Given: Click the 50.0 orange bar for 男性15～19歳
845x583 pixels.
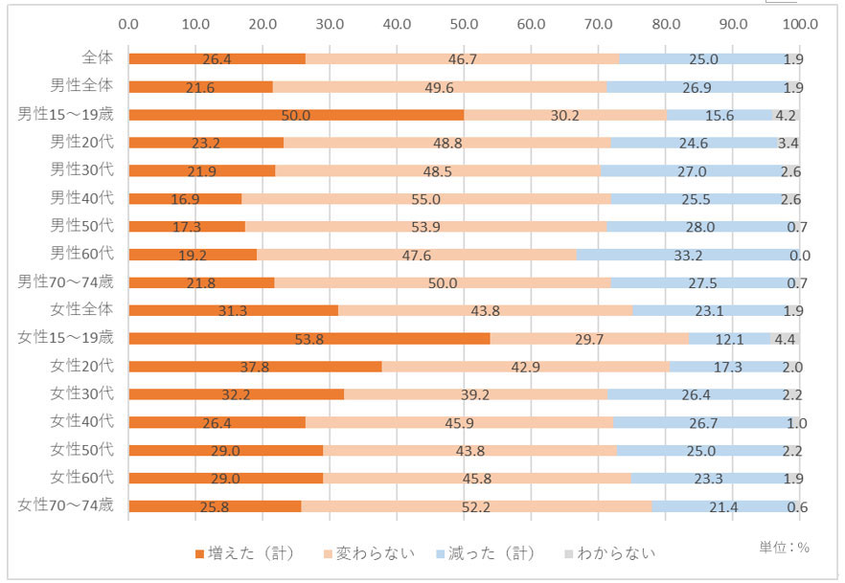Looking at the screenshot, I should click(x=296, y=115).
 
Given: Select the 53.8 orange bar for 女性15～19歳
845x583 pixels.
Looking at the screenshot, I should click(x=308, y=338).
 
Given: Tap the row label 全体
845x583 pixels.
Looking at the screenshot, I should click(x=98, y=58).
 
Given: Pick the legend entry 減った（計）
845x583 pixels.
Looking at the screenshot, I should click(x=487, y=553).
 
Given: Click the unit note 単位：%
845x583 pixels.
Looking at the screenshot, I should click(x=784, y=548).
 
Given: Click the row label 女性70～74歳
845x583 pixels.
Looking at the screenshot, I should click(x=66, y=505).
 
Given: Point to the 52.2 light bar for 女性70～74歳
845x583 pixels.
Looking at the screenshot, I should click(x=476, y=505).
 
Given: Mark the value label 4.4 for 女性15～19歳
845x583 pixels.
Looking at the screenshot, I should click(x=785, y=338).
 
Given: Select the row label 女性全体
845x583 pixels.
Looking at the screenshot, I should click(x=82, y=309).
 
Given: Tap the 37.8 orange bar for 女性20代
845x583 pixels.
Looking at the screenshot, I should click(x=255, y=366).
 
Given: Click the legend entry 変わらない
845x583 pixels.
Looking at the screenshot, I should click(x=369, y=553).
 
